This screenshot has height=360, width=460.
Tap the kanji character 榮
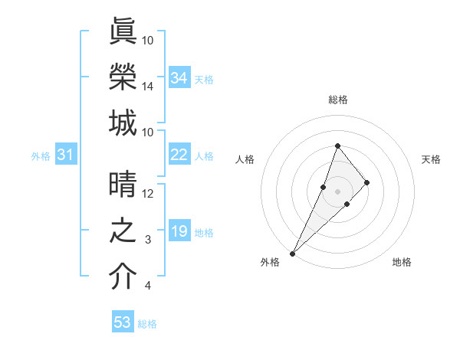click(123, 78)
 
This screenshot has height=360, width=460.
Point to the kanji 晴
click(123, 186)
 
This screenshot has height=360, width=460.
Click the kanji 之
click(123, 232)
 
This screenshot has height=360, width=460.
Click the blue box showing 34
click(179, 78)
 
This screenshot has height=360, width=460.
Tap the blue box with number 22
click(179, 155)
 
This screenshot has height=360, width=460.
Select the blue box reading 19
click(179, 231)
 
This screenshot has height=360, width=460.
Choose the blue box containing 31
click(66, 155)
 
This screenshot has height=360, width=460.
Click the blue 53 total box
click(123, 322)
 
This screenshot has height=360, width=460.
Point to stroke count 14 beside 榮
click(148, 87)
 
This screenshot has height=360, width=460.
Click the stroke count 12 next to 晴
click(148, 195)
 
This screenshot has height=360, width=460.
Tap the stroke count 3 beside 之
click(148, 241)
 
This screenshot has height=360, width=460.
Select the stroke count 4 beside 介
click(148, 286)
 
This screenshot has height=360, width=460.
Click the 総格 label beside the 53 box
click(147, 324)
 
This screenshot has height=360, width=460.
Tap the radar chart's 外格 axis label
click(270, 263)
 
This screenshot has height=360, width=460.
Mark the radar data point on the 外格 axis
click(292, 253)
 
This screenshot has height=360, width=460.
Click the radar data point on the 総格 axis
click(337, 146)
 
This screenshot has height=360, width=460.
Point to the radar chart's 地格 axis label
click(402, 263)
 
